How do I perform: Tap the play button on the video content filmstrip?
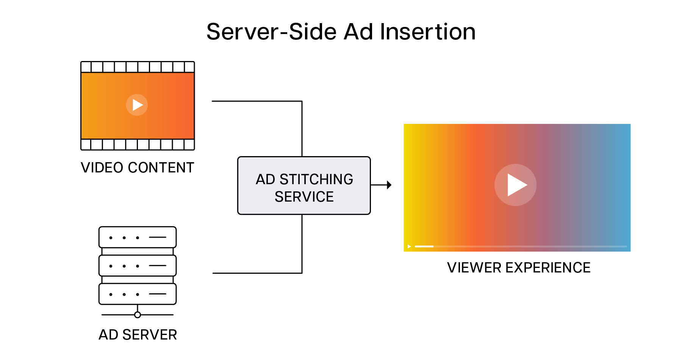(137, 105)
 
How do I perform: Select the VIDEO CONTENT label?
(137, 167)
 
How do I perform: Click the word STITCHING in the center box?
(316, 179)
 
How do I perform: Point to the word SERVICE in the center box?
(304, 197)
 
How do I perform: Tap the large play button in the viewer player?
(515, 185)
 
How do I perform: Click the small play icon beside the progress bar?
(409, 247)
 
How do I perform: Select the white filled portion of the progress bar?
(424, 246)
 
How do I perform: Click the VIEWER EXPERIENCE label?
(518, 268)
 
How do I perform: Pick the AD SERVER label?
(138, 335)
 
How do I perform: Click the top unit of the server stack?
(138, 237)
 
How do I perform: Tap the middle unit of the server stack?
(138, 265)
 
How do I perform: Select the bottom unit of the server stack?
(138, 294)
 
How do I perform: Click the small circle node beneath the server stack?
(138, 315)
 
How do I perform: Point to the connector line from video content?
(258, 101)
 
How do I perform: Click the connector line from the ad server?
(258, 273)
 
